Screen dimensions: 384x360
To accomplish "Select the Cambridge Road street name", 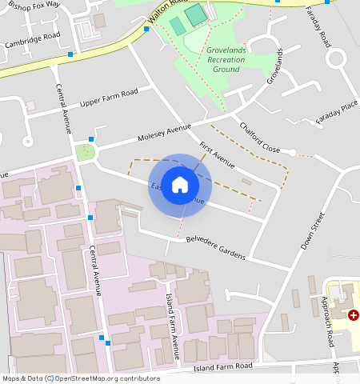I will point(32,37).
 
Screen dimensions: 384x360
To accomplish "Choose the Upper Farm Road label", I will point(109,98).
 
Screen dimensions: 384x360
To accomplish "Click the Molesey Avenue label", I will point(164,131).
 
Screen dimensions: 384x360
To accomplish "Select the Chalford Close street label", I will point(259,138).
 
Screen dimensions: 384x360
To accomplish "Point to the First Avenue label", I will point(216,155).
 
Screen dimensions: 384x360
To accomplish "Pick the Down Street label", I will point(313,231).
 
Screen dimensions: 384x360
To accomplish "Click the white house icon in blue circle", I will point(180,185).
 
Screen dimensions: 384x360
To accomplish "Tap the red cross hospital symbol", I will point(353,315).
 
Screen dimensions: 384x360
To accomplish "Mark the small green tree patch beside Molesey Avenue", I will point(85,150).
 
